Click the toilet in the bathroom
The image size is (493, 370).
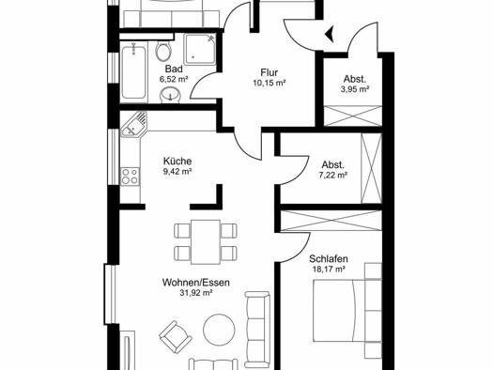163,51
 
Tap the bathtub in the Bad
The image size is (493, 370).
134,72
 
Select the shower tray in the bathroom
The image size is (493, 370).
200,49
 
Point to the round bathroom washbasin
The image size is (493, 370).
171,94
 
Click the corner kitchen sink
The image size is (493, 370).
133,125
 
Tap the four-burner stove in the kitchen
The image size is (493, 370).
131,176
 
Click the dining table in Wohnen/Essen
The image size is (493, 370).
206,241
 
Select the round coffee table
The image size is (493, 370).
219,330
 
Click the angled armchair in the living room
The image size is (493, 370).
175,337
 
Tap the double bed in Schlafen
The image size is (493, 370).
340,311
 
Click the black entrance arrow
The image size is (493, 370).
330,34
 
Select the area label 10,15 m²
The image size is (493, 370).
270,84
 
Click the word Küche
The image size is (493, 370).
177,162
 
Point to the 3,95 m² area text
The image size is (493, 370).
355,89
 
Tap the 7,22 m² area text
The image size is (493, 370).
333,175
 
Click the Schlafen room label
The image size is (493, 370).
329,259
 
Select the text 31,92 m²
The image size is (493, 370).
196,293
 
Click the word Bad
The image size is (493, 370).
174,69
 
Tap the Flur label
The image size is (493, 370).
270,73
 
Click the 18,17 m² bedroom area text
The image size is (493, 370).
329,270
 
